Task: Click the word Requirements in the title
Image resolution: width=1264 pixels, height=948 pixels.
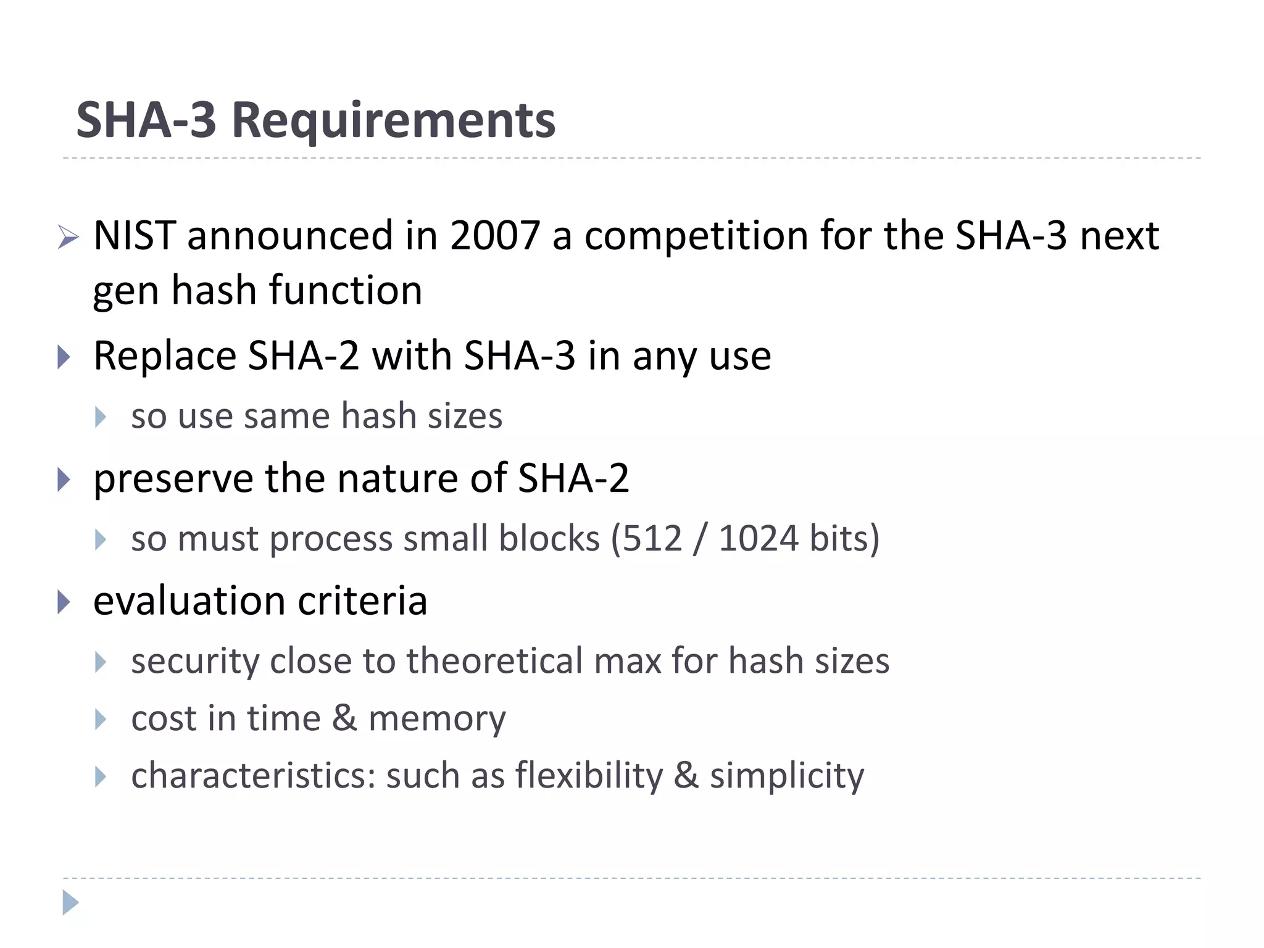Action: point(393,121)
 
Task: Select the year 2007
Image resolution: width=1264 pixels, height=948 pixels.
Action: point(495,236)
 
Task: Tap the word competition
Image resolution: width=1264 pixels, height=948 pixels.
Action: point(696,237)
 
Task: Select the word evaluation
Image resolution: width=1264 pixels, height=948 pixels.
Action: point(189,601)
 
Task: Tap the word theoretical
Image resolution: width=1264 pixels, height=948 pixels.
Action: point(494,661)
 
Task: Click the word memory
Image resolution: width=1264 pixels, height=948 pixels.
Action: point(437,719)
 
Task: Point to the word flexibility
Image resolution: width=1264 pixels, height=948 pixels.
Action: point(589,776)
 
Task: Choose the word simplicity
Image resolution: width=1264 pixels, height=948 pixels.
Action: point(787,777)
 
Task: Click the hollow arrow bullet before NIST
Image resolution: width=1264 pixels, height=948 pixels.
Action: point(68,237)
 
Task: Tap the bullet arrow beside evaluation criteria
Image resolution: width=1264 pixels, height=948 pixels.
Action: point(64,602)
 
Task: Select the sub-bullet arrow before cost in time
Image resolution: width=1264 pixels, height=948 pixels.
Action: point(101,719)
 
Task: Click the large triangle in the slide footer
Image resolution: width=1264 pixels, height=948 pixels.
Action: point(70,903)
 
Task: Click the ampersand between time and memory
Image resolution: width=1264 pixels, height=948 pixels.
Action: point(344,718)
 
